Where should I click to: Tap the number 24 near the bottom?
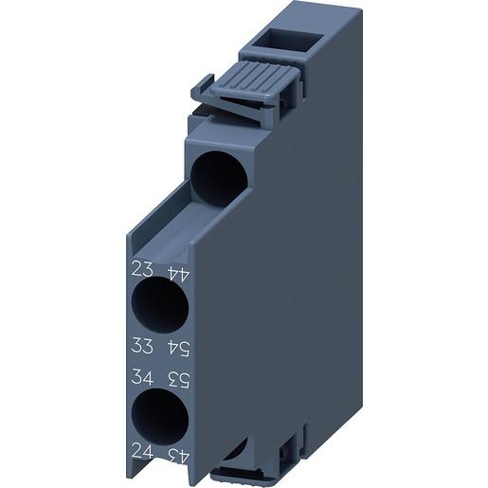pyautogui.click(x=140, y=453)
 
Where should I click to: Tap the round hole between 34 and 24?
pyautogui.click(x=157, y=416)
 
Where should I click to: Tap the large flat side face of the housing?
pyautogui.click(x=275, y=284)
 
